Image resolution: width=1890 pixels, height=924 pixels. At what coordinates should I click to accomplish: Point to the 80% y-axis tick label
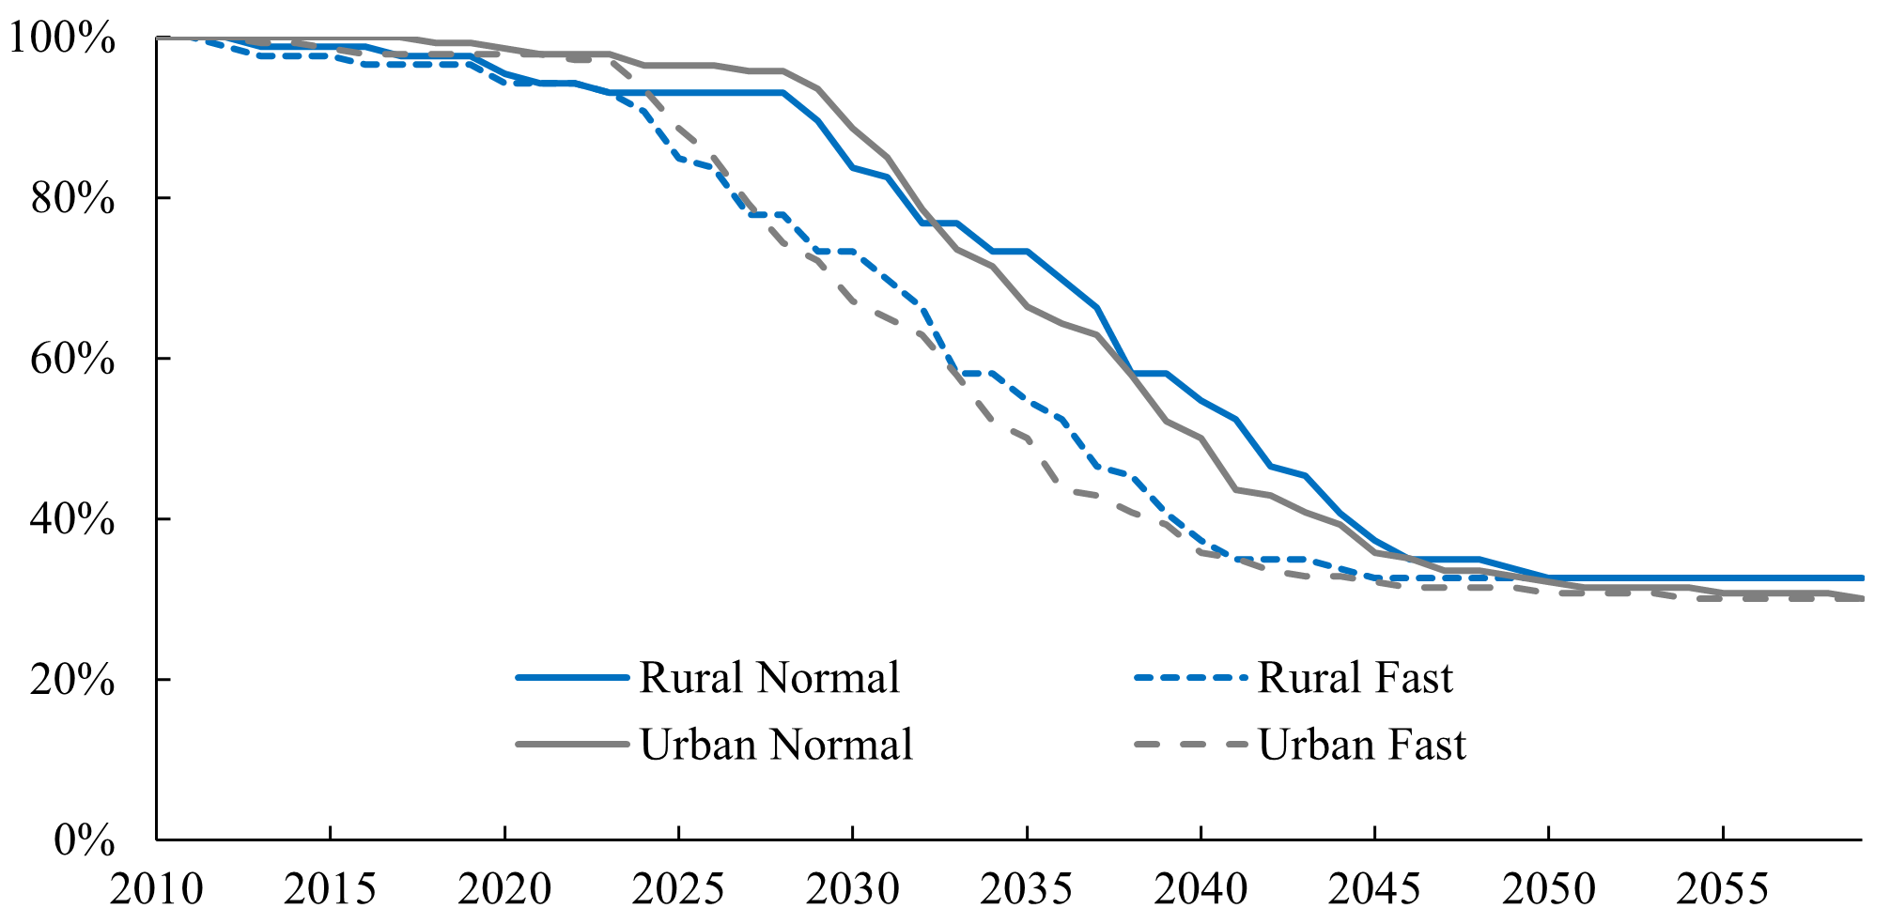pos(72,199)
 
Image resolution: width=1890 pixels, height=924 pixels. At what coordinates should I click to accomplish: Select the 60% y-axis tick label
pos(72,360)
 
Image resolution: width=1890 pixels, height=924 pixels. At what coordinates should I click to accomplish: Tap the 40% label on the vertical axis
pos(72,519)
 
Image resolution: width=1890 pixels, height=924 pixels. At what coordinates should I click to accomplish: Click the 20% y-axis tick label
pos(72,680)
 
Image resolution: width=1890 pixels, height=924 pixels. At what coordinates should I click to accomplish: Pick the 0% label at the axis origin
pos(85,840)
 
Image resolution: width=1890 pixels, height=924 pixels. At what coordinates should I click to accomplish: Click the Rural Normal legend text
pos(768,678)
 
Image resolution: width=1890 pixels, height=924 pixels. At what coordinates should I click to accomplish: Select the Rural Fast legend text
pos(1355,678)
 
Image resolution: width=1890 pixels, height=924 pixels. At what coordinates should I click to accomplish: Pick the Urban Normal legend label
pos(776,745)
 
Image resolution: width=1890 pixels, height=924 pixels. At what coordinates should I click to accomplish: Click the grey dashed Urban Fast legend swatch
pos(1191,745)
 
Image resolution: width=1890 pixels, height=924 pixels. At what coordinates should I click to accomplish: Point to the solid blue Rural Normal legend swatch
pos(572,678)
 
